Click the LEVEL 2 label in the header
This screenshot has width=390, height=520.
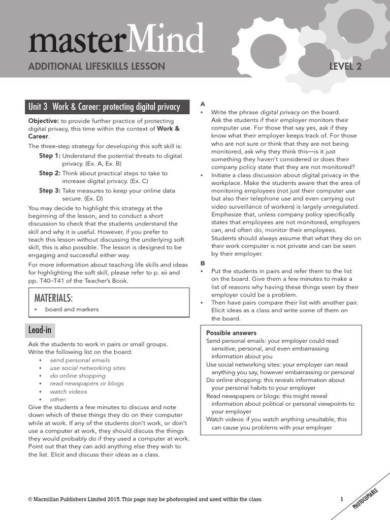coord(345,66)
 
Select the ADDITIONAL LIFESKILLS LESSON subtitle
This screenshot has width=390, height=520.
coord(96,66)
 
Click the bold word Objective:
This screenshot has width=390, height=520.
coord(43,121)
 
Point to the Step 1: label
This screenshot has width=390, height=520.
coord(49,155)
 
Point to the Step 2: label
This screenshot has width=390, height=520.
coord(49,173)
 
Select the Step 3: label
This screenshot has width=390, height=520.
coord(49,190)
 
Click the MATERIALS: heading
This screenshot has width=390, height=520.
coord(53,297)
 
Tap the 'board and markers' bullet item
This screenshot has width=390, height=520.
coord(72,309)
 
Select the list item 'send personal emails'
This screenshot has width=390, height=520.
coord(80,360)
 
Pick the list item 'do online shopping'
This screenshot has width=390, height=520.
coord(78,376)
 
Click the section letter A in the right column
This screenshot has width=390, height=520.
coord(203,104)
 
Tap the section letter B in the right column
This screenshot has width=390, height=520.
coord(203,263)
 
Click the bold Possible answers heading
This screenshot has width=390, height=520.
coord(230,333)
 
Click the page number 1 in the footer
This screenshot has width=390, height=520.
coord(342,500)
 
